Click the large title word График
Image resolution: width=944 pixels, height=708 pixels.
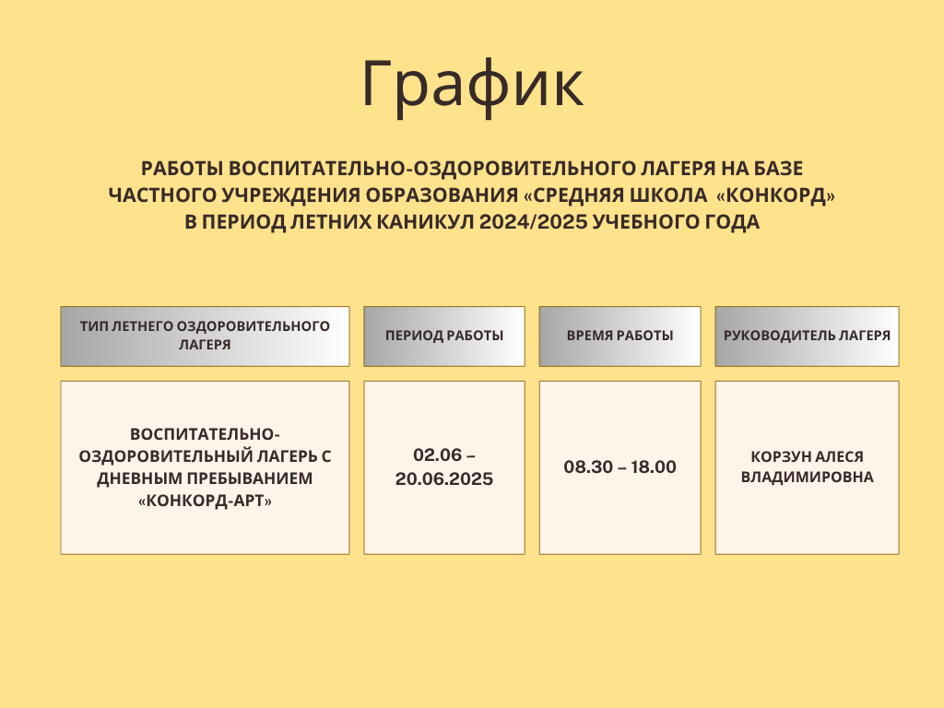[473, 84]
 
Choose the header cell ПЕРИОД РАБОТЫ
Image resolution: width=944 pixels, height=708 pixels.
[444, 336]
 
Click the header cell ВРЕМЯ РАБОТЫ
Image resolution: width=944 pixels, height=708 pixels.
[620, 336]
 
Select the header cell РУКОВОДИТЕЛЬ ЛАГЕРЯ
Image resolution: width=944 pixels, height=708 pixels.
[807, 336]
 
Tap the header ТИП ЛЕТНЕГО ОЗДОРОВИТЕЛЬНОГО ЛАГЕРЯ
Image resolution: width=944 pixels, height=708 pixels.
[205, 336]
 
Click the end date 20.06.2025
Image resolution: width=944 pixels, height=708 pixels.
[444, 479]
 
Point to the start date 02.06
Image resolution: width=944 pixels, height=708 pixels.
[438, 454]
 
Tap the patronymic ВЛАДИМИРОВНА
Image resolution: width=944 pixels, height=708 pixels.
[807, 477]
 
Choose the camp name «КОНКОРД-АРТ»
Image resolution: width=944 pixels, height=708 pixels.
[205, 501]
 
